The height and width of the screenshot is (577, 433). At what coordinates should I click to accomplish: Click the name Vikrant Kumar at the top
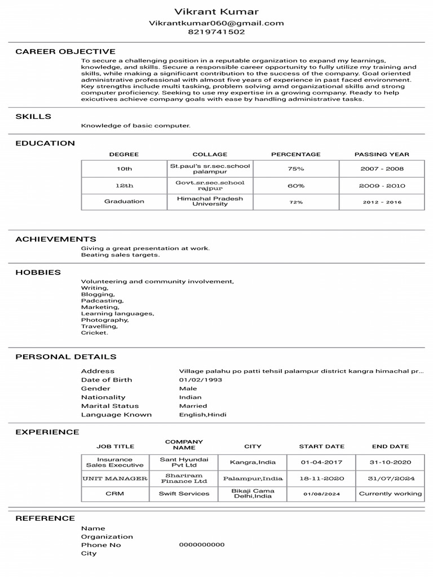[x=216, y=12]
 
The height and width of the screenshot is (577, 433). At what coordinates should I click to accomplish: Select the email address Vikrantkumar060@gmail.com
[x=216, y=23]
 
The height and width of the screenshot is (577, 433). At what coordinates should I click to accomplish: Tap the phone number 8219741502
[x=216, y=32]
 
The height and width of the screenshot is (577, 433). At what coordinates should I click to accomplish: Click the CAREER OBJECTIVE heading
[x=65, y=51]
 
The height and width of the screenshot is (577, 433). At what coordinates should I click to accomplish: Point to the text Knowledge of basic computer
[x=136, y=126]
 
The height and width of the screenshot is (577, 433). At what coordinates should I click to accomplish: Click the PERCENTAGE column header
[x=295, y=154]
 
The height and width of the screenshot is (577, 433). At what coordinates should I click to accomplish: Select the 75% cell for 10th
[x=295, y=168]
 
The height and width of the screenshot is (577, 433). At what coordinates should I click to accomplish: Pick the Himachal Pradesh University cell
[x=210, y=201]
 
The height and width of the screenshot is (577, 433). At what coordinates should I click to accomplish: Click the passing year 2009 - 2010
[x=382, y=185]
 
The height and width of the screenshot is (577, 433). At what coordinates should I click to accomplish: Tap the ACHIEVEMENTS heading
[x=56, y=239]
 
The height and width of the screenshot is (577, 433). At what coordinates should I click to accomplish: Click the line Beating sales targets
[x=120, y=255]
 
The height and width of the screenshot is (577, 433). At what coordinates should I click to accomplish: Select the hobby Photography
[x=105, y=320]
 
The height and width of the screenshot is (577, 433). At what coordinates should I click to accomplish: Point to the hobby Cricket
[x=94, y=333]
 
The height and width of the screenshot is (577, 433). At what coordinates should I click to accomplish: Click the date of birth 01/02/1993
[x=200, y=380]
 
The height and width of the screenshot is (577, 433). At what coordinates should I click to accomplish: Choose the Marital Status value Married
[x=193, y=406]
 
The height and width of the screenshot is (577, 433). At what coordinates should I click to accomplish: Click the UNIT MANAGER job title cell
[x=115, y=478]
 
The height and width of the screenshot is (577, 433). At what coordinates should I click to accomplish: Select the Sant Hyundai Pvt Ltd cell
[x=184, y=462]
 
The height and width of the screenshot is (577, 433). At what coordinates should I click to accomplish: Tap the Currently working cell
[x=390, y=494]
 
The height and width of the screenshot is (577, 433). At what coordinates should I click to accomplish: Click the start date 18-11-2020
[x=321, y=478]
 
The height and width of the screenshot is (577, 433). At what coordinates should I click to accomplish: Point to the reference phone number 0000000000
[x=201, y=545]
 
